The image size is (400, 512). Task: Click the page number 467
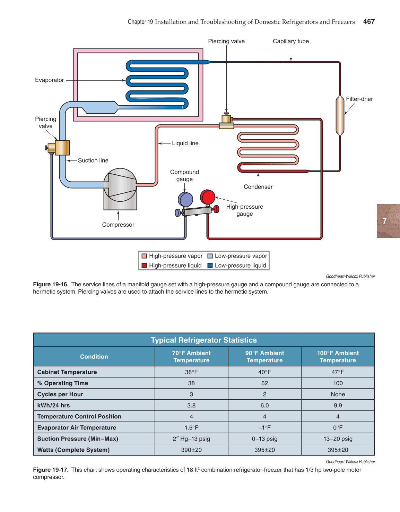point(369,21)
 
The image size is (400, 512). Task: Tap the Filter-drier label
point(359,99)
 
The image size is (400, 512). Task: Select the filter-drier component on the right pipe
point(340,115)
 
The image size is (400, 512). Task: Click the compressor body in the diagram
point(120,189)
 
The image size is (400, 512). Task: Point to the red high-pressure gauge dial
point(208,197)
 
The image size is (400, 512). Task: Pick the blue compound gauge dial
point(185,200)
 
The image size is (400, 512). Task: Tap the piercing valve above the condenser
point(226,121)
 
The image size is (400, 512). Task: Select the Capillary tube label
point(290,41)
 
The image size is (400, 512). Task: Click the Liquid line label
point(185,143)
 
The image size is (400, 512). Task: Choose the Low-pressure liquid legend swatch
point(210,266)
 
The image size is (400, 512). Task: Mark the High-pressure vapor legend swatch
point(144,256)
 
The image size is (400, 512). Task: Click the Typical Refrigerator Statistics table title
point(204,340)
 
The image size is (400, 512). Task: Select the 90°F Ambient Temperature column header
point(264,357)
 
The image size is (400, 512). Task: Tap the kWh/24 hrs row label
point(53,405)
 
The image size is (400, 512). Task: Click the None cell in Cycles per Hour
point(338,394)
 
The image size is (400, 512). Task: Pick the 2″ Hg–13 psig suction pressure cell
point(191,439)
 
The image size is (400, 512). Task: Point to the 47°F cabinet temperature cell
point(338,372)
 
